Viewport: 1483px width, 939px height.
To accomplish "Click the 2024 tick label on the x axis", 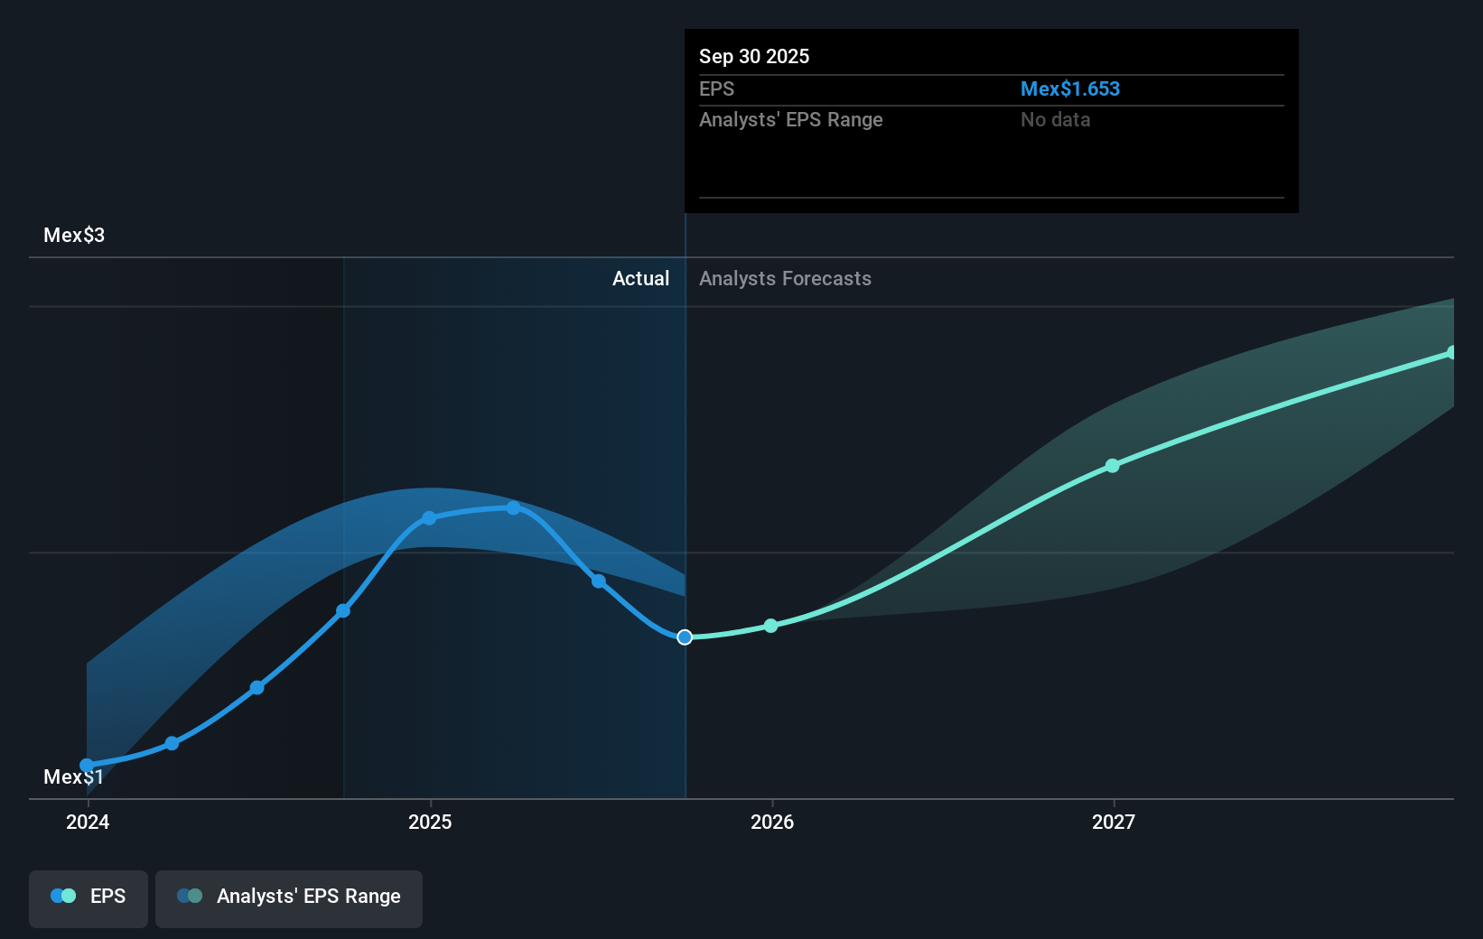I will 88,822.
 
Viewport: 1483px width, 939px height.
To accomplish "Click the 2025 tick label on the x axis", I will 430,822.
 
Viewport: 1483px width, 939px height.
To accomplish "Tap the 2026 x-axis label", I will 772,822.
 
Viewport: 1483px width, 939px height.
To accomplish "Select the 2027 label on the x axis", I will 1114,822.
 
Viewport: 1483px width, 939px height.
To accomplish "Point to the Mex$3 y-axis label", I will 74,236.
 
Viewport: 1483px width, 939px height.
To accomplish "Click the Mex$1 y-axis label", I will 74,777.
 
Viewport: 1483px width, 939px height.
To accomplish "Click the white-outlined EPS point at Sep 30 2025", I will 685,637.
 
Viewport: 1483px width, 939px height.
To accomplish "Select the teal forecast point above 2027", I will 1113,466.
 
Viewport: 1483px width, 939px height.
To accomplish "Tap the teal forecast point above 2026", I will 770,626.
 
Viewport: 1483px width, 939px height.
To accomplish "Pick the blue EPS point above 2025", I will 429,518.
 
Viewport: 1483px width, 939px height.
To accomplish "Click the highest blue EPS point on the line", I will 513,508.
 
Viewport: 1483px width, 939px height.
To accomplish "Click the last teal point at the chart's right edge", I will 1451,353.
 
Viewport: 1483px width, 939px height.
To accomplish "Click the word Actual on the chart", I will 640,279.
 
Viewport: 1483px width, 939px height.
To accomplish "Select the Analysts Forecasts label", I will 785,279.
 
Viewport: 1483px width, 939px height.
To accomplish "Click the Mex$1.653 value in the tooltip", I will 1069,89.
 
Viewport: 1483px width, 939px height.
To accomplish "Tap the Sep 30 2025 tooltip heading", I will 754,57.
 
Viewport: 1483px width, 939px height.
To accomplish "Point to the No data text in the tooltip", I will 1055,120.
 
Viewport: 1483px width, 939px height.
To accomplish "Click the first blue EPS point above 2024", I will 87,766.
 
